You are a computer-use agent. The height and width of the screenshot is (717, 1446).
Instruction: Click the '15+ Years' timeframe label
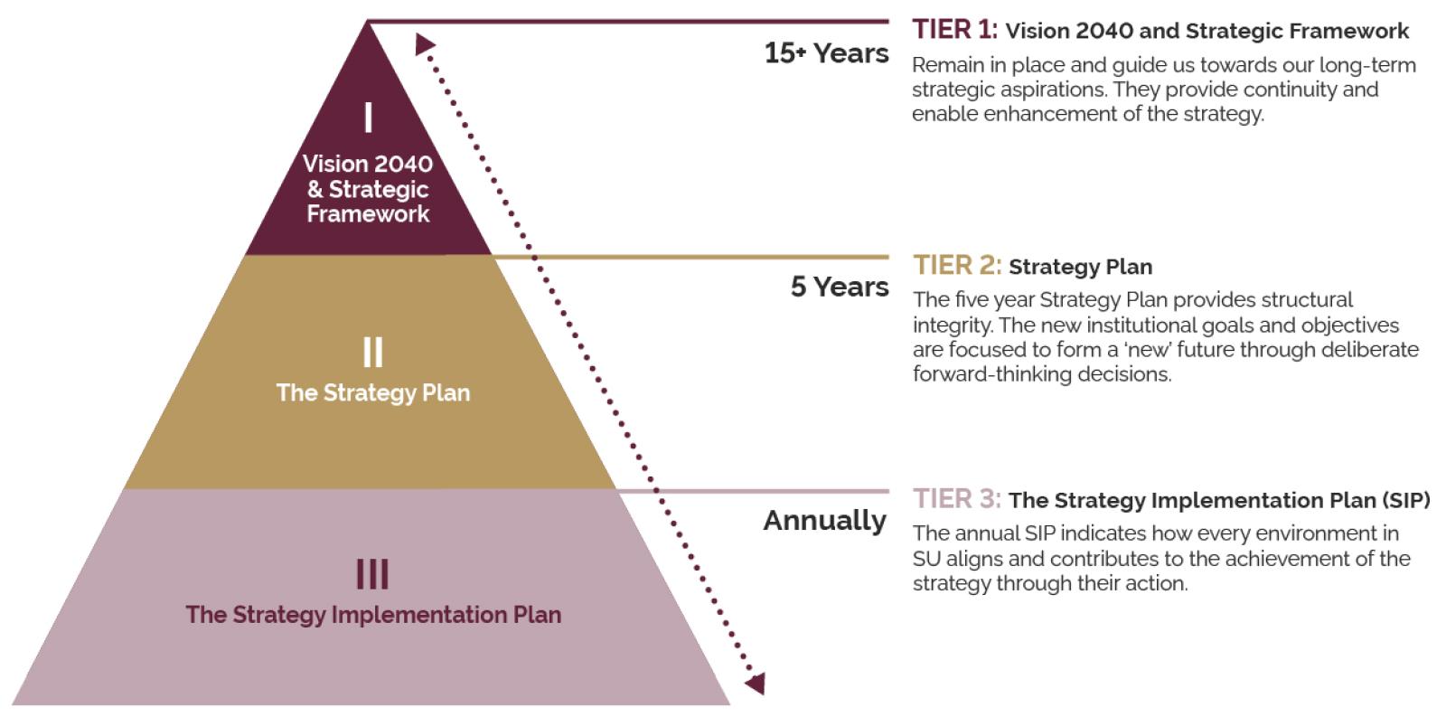coord(826,53)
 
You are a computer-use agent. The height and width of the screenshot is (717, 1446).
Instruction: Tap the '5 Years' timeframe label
coord(840,287)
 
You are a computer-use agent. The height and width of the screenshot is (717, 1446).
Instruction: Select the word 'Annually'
coord(825,521)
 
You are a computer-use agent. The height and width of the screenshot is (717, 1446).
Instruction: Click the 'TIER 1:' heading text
coord(954,30)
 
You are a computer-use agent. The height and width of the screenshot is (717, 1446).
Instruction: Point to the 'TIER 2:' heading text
coord(957,266)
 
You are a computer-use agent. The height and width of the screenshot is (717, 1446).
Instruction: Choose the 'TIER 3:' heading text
coord(957,499)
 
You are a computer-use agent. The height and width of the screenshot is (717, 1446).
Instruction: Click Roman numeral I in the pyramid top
coord(368,118)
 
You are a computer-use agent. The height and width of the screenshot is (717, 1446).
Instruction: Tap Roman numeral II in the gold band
coord(372,352)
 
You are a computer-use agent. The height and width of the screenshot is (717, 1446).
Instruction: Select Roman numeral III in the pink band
coord(372,574)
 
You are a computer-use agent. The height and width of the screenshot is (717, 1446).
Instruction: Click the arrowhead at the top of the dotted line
coord(425,44)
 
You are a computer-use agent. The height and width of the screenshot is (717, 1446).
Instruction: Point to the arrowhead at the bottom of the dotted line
coord(756,683)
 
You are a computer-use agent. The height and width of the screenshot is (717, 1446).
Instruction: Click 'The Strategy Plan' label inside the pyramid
coord(373,392)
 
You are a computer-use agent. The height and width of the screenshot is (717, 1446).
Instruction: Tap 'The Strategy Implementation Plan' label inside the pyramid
coord(373,615)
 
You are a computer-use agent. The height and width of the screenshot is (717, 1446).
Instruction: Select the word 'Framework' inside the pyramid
coord(368,213)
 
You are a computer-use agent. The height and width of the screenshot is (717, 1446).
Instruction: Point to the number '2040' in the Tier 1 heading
coord(1103,31)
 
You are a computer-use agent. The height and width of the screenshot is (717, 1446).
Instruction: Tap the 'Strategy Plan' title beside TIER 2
coord(1081,267)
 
